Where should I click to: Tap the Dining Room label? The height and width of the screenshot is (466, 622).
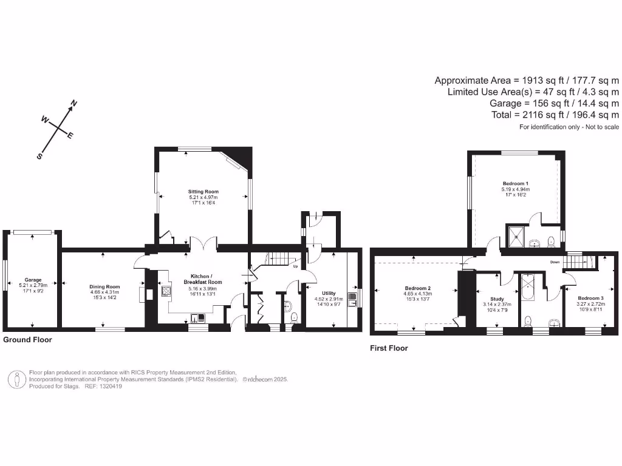tap(104, 286)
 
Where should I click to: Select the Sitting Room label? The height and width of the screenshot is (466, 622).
tap(203, 192)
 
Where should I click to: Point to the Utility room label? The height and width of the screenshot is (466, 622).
tap(328, 293)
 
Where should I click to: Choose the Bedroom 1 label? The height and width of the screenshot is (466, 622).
tap(514, 184)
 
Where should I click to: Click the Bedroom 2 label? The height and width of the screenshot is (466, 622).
tap(417, 288)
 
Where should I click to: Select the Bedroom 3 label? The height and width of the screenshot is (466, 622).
tap(590, 298)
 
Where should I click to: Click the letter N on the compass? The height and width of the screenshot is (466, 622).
tap(74, 103)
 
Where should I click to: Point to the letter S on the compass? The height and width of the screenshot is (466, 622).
tap(40, 156)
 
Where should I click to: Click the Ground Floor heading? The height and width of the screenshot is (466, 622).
tap(27, 340)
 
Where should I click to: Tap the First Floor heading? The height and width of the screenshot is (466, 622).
tap(389, 348)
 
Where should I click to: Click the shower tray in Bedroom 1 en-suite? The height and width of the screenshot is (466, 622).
tap(517, 235)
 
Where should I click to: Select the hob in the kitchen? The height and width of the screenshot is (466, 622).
tap(166, 290)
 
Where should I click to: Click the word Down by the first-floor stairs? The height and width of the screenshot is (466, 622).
tap(553, 263)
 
